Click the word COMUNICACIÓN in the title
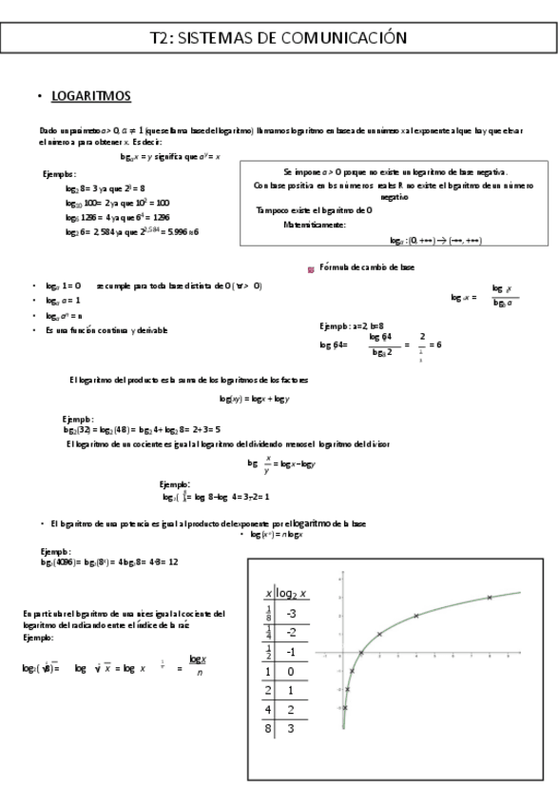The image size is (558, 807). click(x=350, y=37)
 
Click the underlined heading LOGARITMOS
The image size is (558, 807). click(x=90, y=97)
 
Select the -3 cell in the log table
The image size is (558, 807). click(x=292, y=613)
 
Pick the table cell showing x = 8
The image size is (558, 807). click(x=268, y=728)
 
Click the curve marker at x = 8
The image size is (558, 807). click(x=490, y=598)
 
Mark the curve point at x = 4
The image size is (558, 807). click(x=415, y=616)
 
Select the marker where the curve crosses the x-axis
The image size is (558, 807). click(x=360, y=653)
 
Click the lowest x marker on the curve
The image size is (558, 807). click(x=344, y=707)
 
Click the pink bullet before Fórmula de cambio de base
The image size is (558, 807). click(x=311, y=269)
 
